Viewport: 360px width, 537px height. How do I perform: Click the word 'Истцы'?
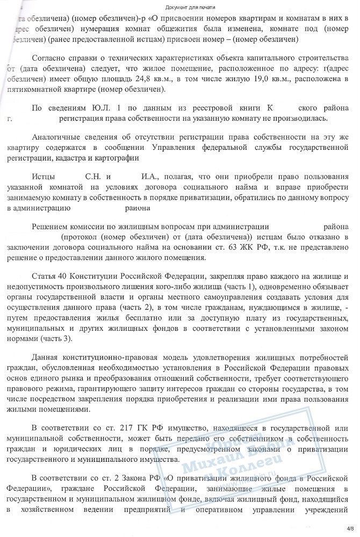click(x=44, y=176)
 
